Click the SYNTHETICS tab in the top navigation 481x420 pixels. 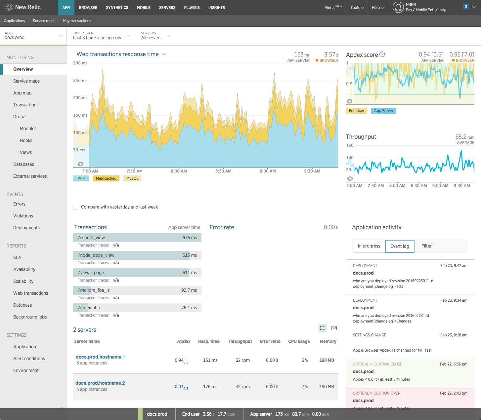(117, 7)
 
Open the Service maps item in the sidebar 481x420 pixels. (26, 81)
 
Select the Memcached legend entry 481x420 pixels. (106, 178)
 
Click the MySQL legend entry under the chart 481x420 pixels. (132, 178)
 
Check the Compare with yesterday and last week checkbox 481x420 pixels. (76, 207)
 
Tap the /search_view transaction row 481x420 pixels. (137, 238)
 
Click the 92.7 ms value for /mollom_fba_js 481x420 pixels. (189, 290)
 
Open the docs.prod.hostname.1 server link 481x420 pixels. (100, 357)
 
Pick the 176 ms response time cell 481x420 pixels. (210, 387)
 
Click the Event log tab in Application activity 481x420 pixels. (400, 246)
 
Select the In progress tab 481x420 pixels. (369, 246)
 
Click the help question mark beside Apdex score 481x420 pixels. (382, 54)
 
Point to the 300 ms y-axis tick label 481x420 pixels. (80, 63)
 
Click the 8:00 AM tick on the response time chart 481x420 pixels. (179, 171)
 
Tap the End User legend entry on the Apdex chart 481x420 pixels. (356, 111)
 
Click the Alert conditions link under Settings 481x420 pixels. (29, 359)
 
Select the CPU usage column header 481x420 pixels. (299, 341)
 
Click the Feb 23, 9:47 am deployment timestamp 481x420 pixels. (454, 266)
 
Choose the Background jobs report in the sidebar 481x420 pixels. (30, 317)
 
